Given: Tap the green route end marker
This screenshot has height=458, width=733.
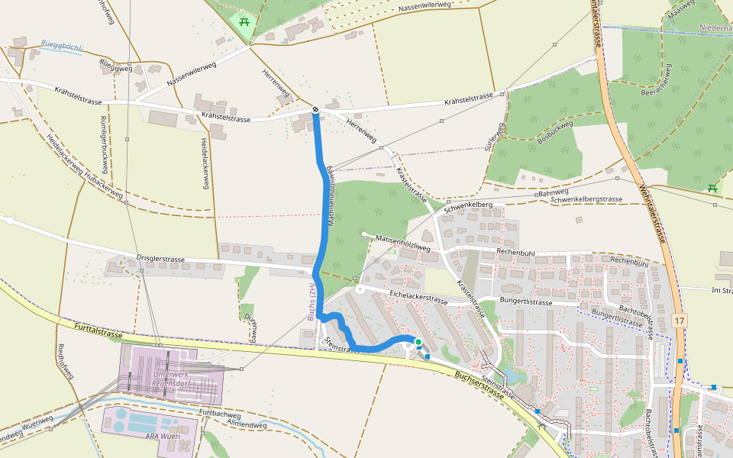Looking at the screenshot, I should pos(418,341).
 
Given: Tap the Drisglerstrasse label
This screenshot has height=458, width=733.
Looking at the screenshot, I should pos(160,260).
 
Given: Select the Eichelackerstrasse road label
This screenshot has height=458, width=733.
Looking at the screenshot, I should pos(418,297).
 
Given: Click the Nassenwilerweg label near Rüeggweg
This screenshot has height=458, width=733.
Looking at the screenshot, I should pos(192,73).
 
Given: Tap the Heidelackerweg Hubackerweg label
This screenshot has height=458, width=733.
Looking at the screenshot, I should pos(85,169).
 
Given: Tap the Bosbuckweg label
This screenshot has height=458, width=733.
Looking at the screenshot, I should pos(554,132).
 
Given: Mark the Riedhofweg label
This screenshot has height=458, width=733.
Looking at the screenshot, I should pos(66,362).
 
